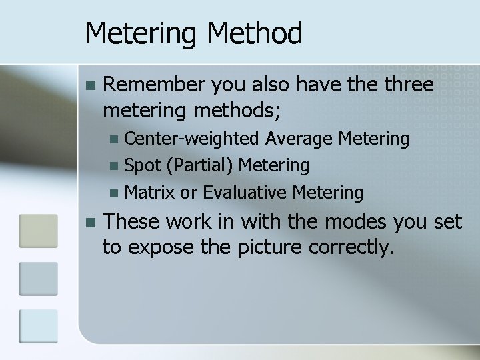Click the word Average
click(x=300, y=139)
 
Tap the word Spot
click(x=140, y=165)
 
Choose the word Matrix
click(x=149, y=193)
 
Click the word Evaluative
click(x=245, y=193)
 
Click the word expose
click(x=155, y=247)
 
